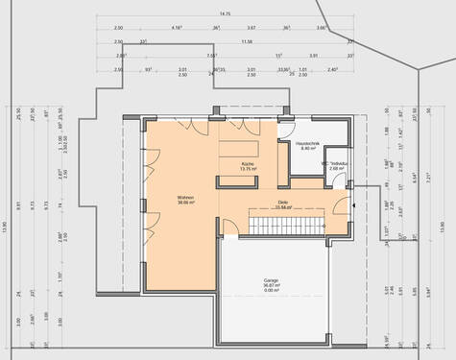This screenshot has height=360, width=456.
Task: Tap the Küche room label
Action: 247,163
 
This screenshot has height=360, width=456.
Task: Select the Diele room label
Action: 283,202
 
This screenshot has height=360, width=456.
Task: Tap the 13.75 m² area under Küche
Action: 247,169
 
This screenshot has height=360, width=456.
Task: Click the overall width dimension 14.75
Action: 225,14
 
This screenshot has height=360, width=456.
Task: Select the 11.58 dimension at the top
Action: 247,42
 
